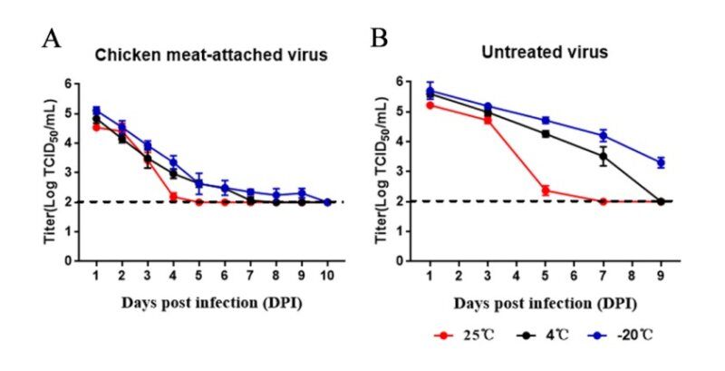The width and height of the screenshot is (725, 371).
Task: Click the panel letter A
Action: point(53,39)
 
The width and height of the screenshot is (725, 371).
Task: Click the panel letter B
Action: point(381,39)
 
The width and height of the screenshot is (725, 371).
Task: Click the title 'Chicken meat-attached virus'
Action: point(212,55)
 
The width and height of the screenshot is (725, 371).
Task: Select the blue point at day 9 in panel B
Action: point(661,162)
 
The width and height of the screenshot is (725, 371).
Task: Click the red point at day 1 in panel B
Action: point(431,105)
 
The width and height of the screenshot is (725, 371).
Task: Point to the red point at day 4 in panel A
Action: point(173,196)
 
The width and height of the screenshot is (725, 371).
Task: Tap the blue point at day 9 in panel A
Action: point(303,193)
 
